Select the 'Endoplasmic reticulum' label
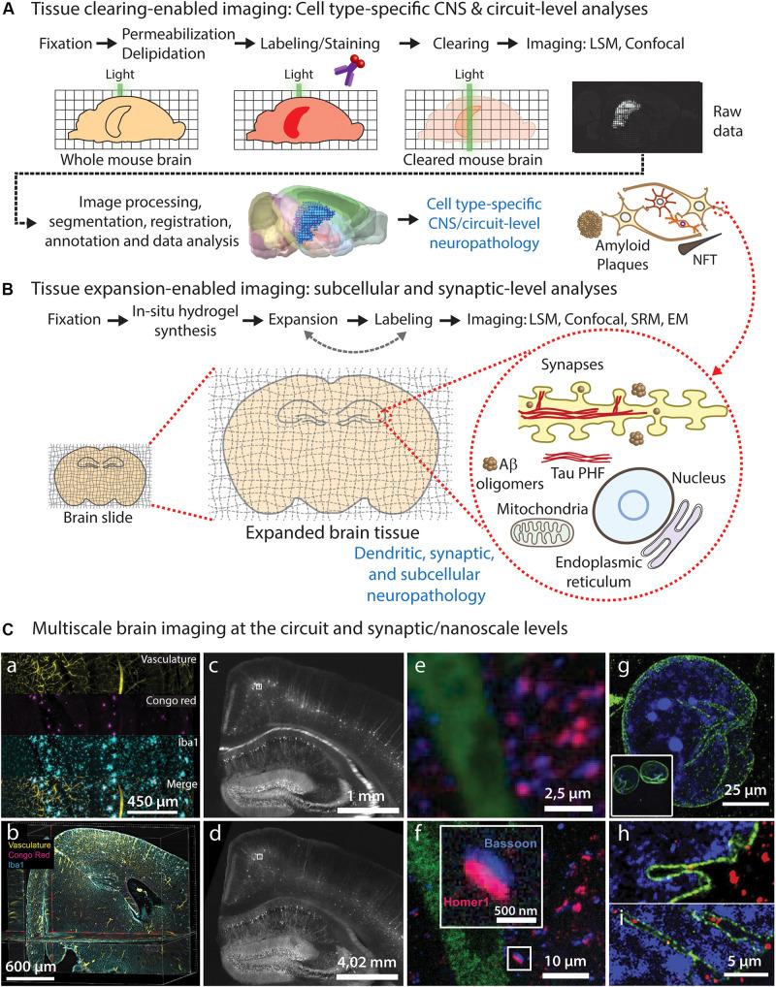[x=631, y=570]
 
